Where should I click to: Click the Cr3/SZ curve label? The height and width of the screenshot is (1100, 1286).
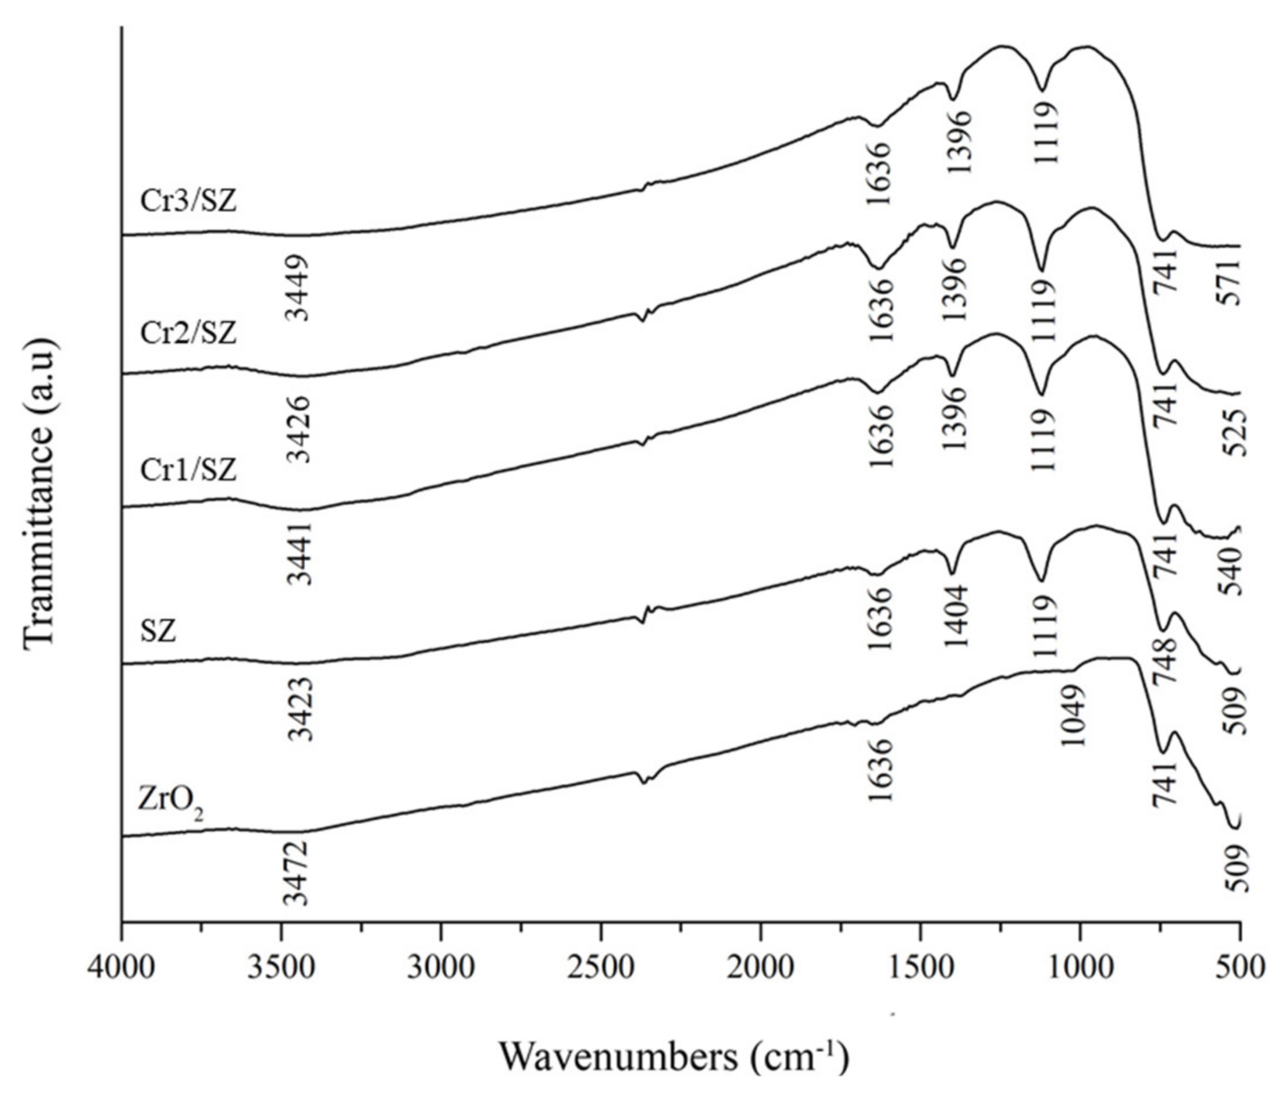point(188,202)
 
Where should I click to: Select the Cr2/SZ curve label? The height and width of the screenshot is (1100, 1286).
point(188,333)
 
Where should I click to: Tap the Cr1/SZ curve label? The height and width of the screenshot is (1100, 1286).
point(188,470)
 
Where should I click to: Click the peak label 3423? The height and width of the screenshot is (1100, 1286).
point(302,710)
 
